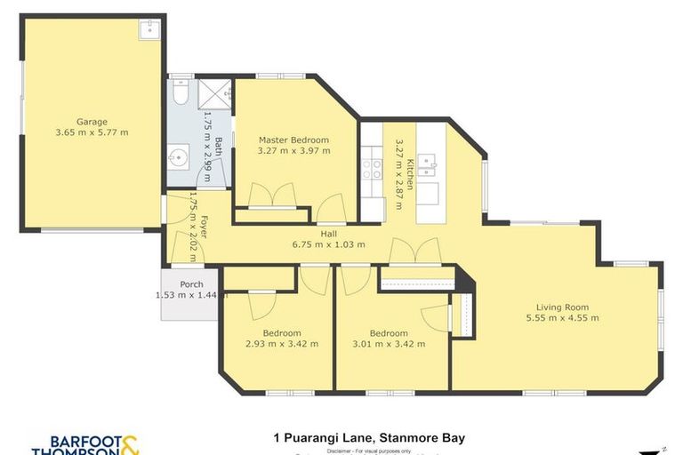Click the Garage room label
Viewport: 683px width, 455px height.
(x=92, y=122)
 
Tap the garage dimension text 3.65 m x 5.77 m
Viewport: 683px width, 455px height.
(x=92, y=133)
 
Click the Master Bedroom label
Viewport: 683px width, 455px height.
(x=293, y=140)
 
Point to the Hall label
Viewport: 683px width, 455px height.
(x=328, y=233)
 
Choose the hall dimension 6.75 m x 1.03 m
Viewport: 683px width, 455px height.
(x=328, y=244)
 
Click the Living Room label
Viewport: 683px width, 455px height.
(x=557, y=307)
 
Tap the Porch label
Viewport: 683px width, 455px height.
(x=191, y=284)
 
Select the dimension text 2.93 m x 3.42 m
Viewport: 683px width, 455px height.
(x=281, y=344)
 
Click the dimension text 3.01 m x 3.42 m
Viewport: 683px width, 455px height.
(x=389, y=344)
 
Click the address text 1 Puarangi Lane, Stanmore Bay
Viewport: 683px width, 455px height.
(x=369, y=437)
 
